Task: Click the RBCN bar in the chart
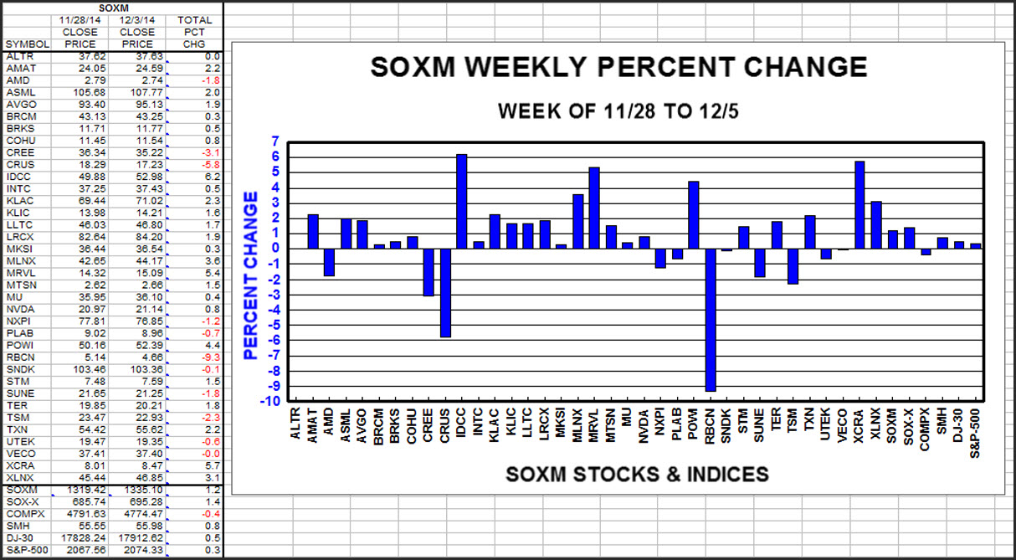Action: (x=711, y=319)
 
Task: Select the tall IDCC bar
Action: (x=461, y=201)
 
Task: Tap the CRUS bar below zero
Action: (x=445, y=292)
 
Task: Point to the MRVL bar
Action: (x=594, y=208)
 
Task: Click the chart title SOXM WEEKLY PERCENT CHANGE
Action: (x=618, y=68)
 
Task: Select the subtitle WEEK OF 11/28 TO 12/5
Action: (x=618, y=110)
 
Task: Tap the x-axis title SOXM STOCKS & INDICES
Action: (x=637, y=475)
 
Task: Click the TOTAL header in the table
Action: (x=195, y=20)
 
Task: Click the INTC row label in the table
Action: (x=18, y=189)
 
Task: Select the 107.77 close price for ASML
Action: (x=137, y=92)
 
